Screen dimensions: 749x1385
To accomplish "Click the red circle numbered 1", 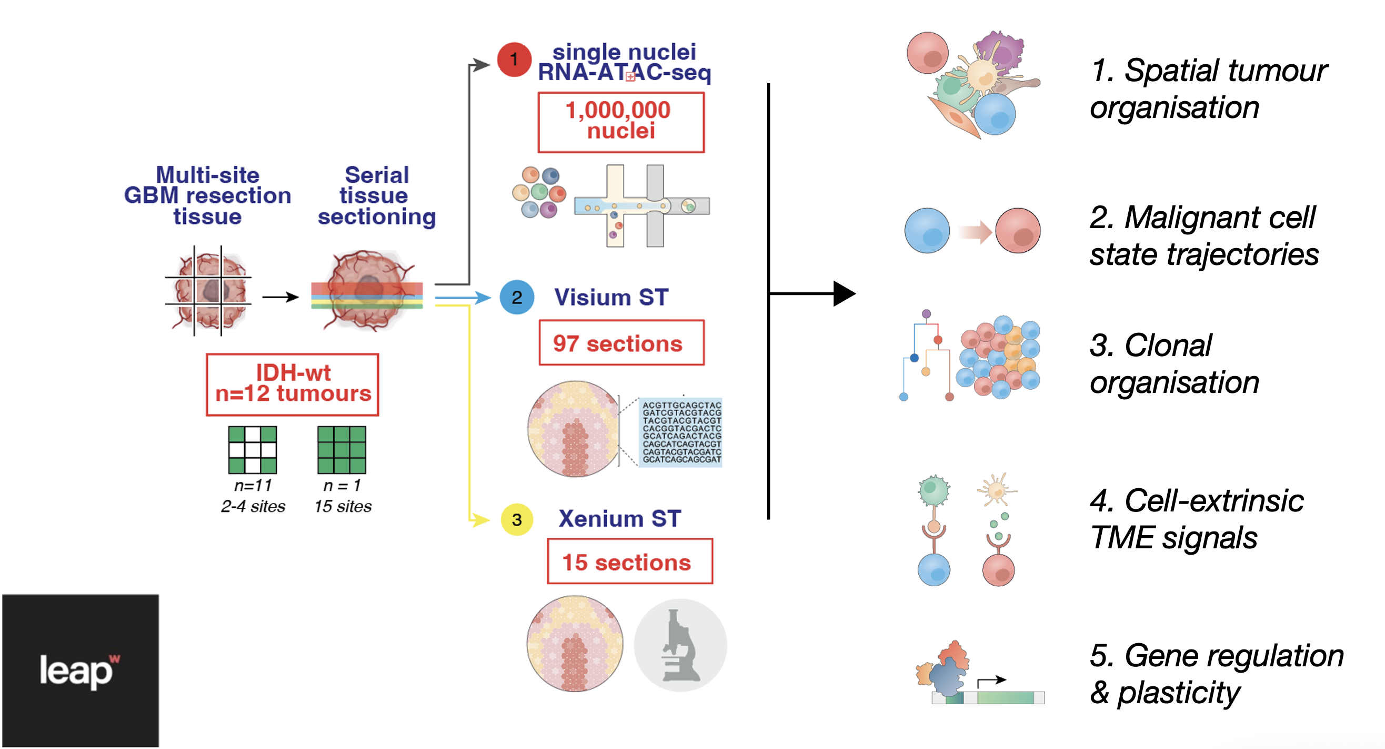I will (x=514, y=59).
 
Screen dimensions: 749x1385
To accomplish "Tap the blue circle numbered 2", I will (x=516, y=297).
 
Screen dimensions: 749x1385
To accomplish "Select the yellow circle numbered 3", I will (x=516, y=519).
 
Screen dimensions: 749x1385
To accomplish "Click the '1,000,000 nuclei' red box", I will (x=621, y=122).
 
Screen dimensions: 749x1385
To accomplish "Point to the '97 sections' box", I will (x=621, y=343).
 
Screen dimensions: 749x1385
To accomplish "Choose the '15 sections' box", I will (x=629, y=561).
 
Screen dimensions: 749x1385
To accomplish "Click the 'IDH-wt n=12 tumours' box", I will (x=293, y=384).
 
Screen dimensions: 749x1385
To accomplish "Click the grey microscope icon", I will (x=680, y=646).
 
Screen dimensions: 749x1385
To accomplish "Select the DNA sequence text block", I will (x=681, y=432).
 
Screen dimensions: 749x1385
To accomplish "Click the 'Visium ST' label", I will (x=611, y=297).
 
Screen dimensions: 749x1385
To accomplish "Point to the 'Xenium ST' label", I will (x=619, y=519).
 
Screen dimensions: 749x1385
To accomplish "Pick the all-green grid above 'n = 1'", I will (x=342, y=450).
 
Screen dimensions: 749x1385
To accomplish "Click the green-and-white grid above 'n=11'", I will (x=252, y=450).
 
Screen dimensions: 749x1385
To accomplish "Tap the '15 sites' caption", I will (x=343, y=506).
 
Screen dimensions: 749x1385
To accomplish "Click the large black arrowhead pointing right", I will (x=843, y=294).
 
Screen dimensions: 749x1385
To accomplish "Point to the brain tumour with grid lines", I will (x=208, y=291).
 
